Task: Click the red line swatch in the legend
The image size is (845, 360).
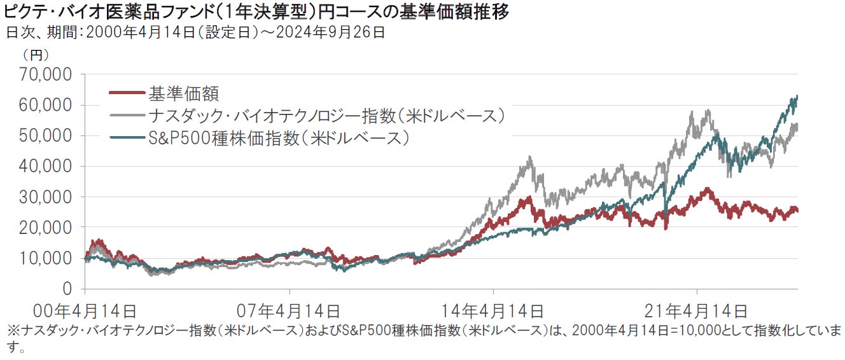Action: [x=127, y=94]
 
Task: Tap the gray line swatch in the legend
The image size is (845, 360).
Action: [x=127, y=116]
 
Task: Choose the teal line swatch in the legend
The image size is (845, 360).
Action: [x=127, y=137]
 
